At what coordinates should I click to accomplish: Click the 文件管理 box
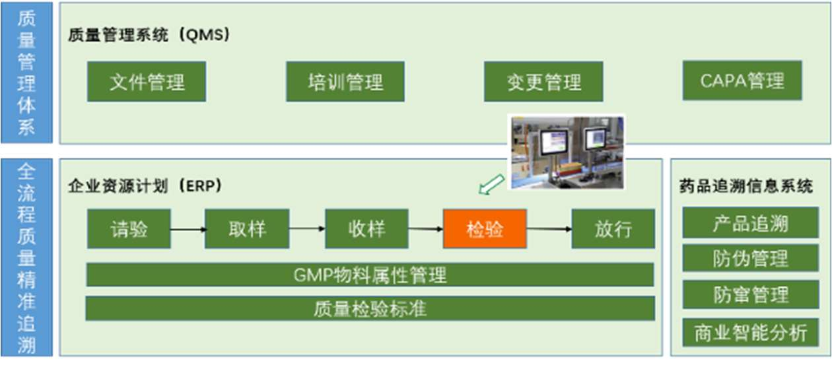147,81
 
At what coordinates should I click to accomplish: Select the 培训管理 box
345,81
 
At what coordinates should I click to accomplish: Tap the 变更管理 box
543,81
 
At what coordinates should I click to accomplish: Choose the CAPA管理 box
742,81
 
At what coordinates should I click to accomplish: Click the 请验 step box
129,228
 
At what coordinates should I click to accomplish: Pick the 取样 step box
247,228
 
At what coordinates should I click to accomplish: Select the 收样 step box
366,228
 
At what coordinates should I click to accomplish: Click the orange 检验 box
485,228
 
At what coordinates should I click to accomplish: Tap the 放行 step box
613,228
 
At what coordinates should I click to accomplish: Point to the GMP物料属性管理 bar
370,275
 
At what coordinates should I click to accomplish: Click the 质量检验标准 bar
370,308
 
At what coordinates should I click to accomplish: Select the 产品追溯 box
750,223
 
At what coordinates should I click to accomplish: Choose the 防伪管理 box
750,258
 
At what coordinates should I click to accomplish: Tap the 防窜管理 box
750,294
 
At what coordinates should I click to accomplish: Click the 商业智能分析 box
750,333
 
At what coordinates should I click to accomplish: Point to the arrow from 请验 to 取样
188,229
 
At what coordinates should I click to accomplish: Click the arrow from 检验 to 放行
549,229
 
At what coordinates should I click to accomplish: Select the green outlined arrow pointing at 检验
491,185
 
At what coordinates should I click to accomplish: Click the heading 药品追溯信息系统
746,186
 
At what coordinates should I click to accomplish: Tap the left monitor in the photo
553,142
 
